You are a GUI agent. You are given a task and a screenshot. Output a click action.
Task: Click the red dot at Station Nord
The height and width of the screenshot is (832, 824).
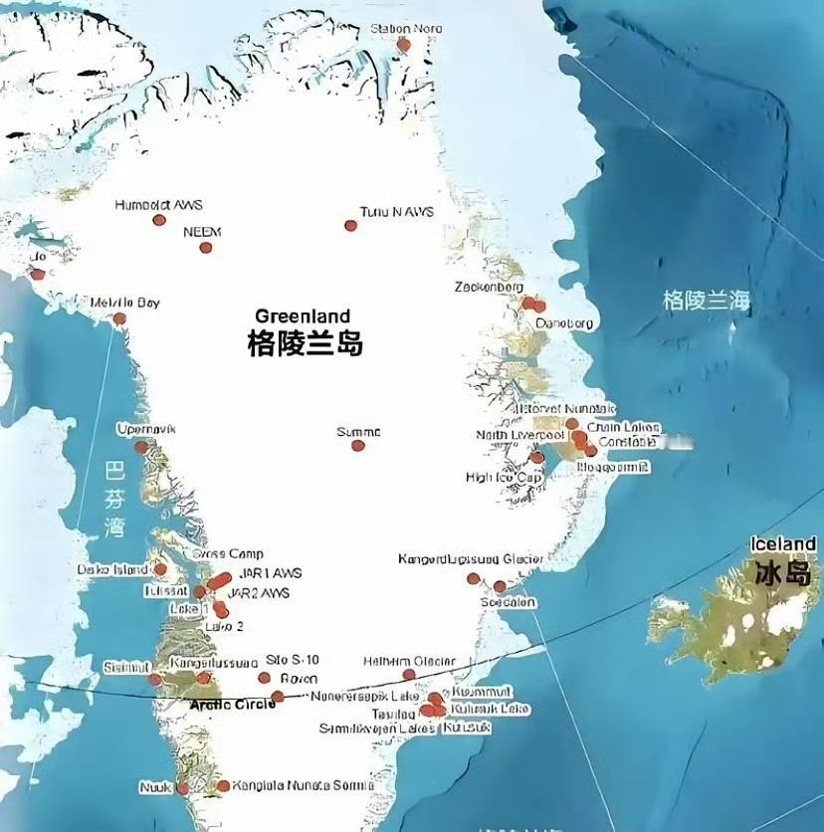(x=403, y=45)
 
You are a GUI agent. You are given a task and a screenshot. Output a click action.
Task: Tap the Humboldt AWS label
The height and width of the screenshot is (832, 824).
(x=158, y=205)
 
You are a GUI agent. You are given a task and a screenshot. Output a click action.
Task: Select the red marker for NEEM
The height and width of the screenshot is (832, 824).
(x=206, y=248)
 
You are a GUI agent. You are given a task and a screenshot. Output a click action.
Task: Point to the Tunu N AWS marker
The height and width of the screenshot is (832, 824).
(x=350, y=226)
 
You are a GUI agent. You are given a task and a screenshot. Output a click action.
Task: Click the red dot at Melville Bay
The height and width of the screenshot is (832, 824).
(x=119, y=319)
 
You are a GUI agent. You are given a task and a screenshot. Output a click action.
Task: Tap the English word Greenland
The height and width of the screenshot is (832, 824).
(x=303, y=316)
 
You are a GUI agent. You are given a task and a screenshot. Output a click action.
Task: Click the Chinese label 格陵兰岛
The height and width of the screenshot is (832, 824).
(x=305, y=344)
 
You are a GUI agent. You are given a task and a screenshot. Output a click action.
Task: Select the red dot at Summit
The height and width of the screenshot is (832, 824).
(x=358, y=446)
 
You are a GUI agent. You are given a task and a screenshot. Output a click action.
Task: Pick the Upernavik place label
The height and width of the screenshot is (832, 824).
(x=145, y=429)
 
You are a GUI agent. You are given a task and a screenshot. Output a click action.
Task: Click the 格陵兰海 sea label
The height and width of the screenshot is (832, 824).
(x=707, y=300)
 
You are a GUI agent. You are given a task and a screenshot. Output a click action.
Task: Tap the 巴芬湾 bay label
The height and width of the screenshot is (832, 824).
(x=116, y=498)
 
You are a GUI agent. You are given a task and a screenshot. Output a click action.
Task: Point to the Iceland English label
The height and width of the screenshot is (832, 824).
(x=783, y=544)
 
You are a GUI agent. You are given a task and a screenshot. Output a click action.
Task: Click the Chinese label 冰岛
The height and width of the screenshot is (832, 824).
(x=783, y=573)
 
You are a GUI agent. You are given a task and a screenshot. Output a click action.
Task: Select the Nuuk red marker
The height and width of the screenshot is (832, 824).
(x=182, y=788)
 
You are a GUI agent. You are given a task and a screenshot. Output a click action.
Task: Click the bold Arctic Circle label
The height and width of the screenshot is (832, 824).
(x=231, y=705)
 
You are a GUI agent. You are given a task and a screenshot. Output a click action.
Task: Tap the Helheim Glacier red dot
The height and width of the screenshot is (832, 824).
(x=409, y=675)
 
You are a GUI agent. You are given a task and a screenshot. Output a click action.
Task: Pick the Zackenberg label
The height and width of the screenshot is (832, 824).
(x=489, y=288)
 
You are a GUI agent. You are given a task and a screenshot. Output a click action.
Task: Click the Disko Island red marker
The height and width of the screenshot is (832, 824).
(x=160, y=569)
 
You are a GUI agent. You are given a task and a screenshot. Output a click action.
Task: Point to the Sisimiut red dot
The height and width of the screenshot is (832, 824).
(x=155, y=680)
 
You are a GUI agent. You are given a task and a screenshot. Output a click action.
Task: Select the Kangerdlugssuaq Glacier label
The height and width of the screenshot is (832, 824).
(x=470, y=559)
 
